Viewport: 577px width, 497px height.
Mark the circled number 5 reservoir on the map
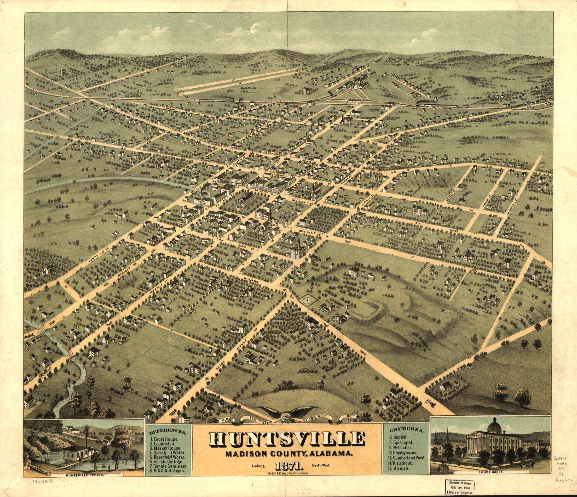point(307,300)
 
